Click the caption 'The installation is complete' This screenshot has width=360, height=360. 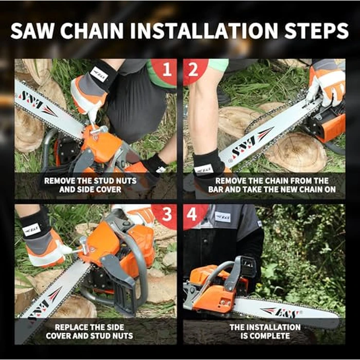coord(265,331)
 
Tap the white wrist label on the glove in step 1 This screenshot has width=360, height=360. coord(100,74)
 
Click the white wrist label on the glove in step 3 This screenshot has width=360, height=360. coord(31,229)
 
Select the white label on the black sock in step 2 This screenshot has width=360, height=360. coord(204,168)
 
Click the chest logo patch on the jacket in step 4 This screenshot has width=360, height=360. coord(223,217)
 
